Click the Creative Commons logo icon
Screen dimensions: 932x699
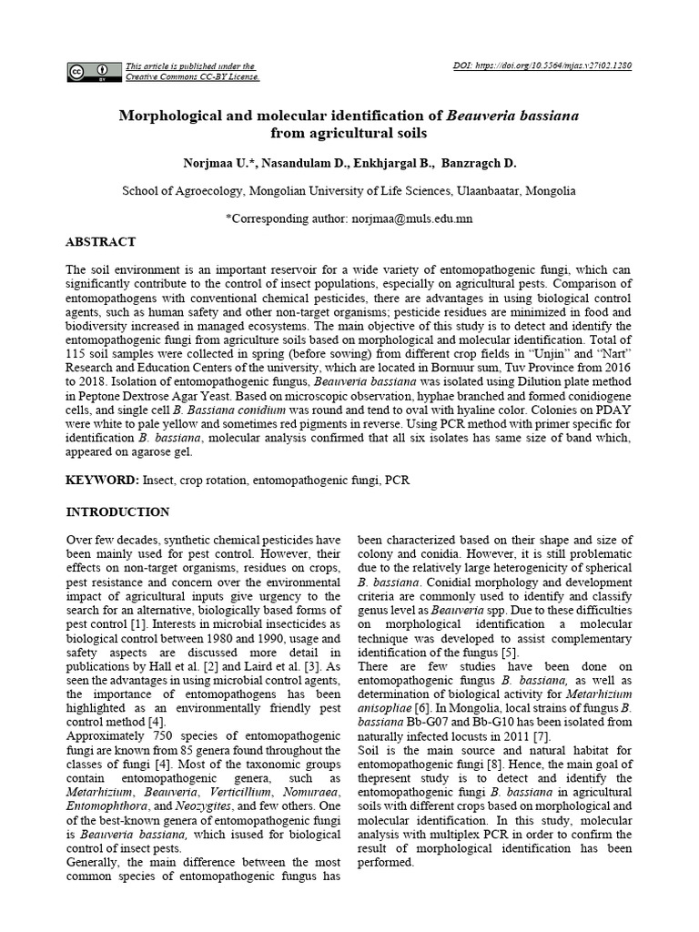click(x=93, y=71)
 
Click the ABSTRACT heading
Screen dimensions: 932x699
click(x=101, y=242)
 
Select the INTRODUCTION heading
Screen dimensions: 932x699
click(x=117, y=512)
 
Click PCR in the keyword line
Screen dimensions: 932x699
click(x=398, y=480)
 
